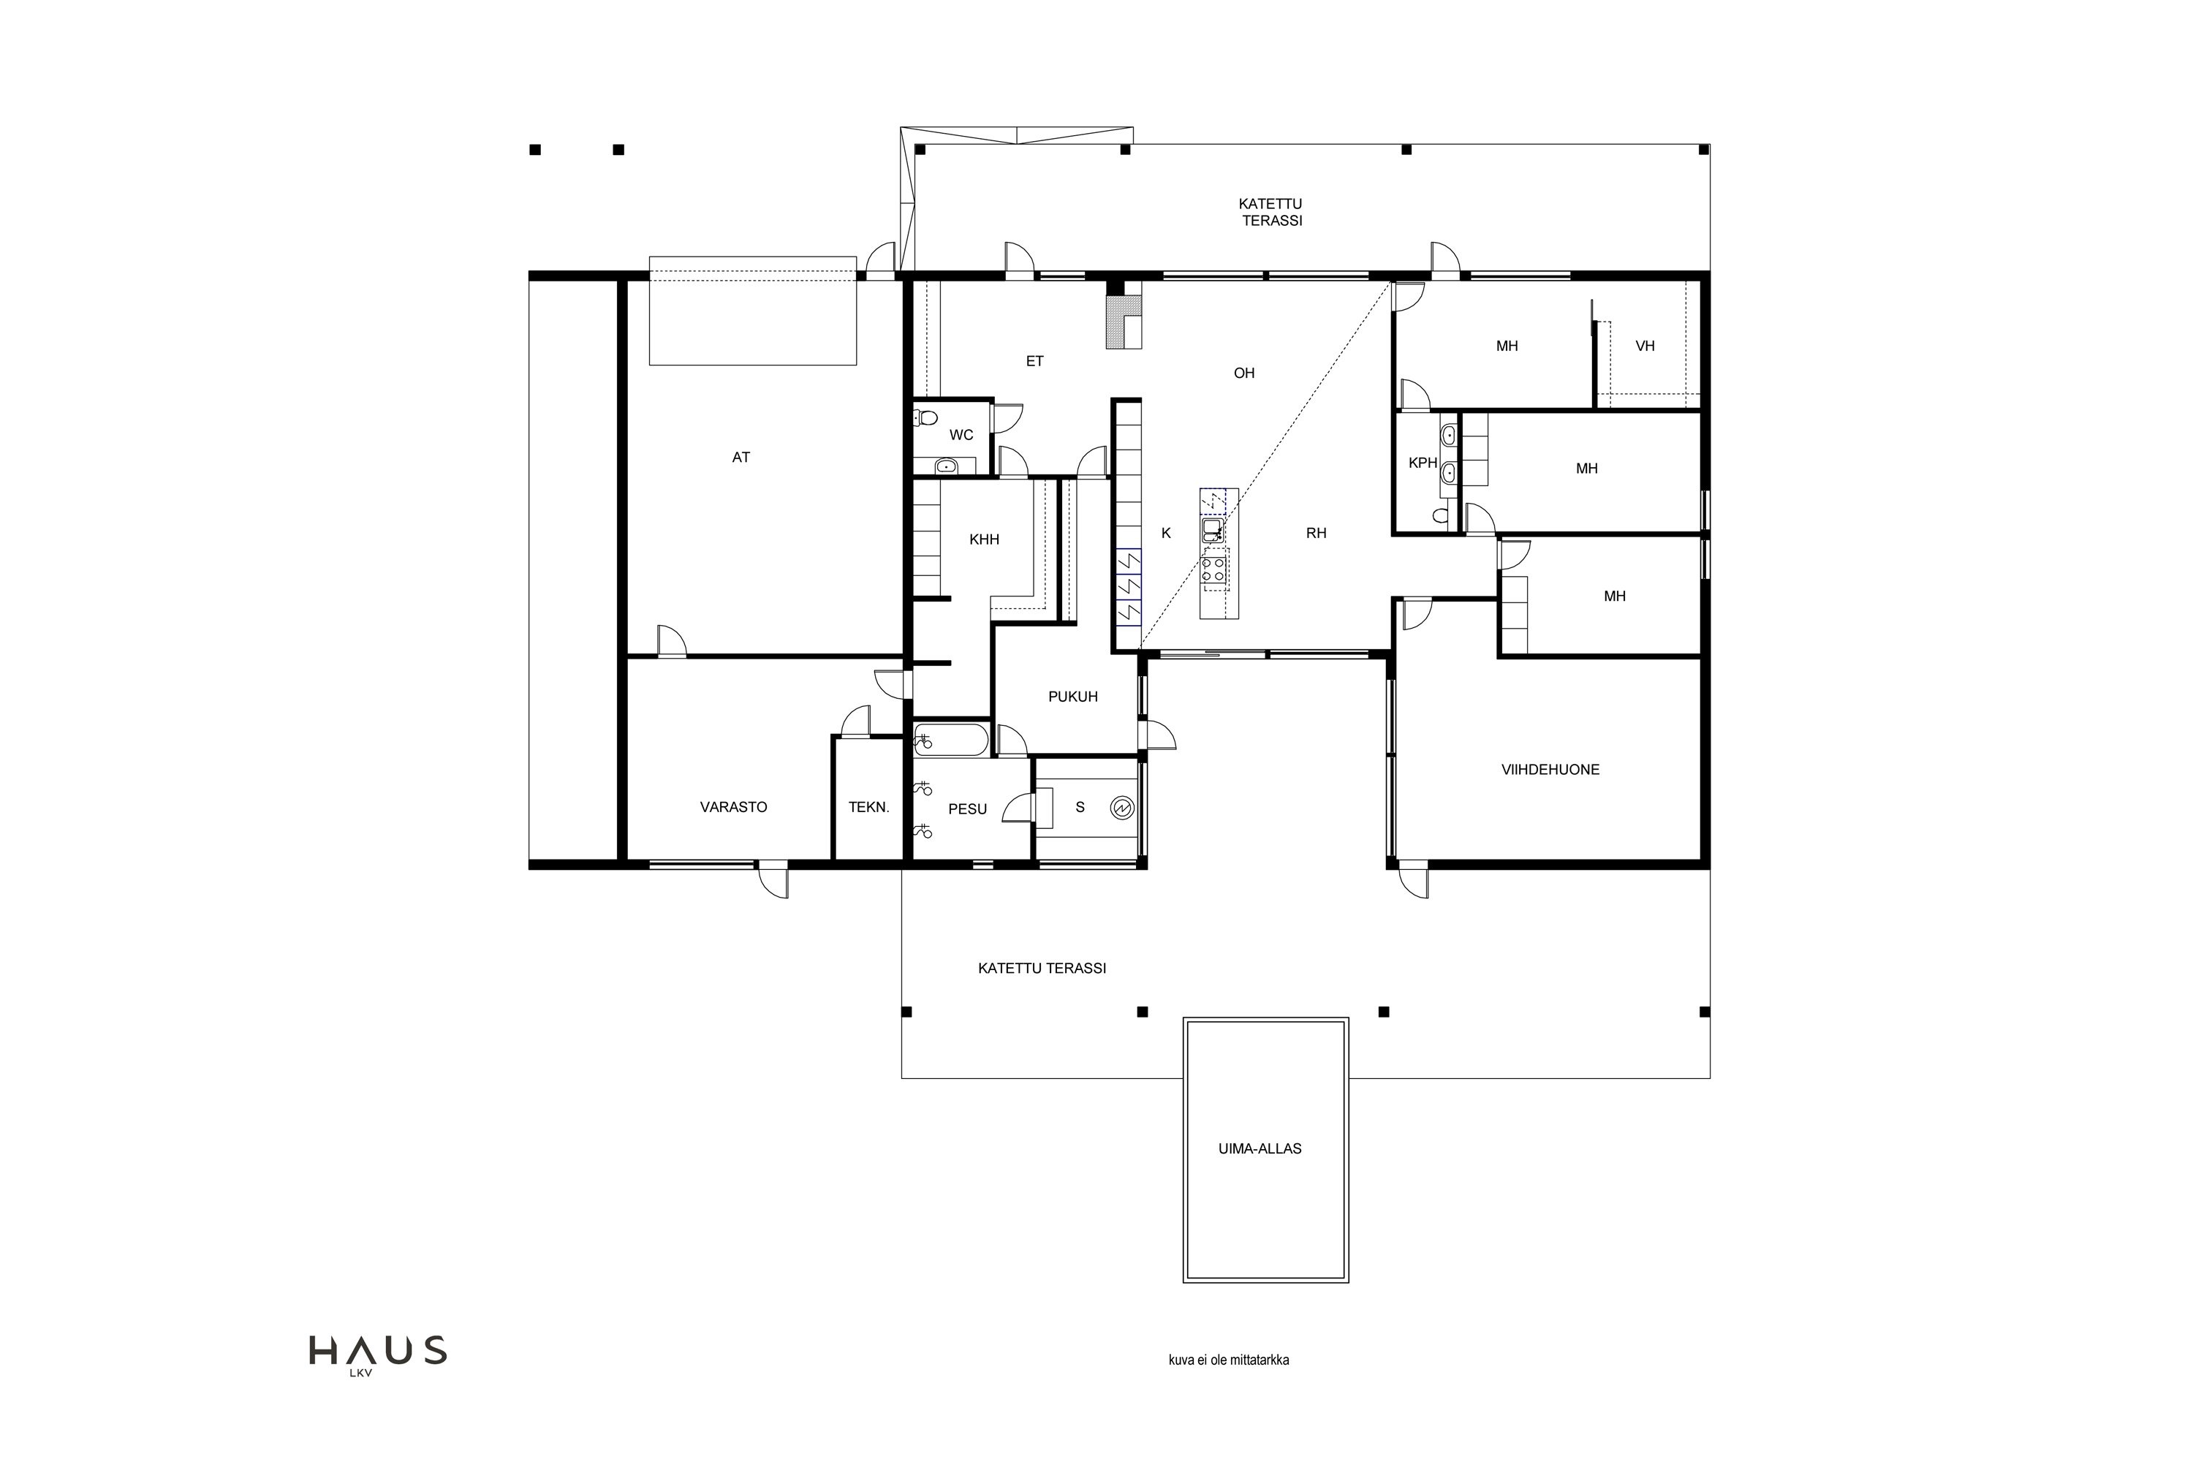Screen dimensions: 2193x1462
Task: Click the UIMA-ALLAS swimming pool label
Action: (x=1260, y=1148)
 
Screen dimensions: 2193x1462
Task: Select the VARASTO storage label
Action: (x=734, y=806)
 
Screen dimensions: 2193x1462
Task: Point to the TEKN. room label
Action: (x=869, y=806)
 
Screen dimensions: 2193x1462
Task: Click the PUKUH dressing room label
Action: (x=1073, y=697)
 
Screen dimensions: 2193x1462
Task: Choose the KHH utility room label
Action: (x=985, y=539)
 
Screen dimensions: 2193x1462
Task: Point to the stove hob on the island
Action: (x=1214, y=569)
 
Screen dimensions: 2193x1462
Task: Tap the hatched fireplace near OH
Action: (x=1123, y=322)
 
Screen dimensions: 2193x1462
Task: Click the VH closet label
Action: (x=1645, y=346)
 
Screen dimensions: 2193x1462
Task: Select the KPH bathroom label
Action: (x=1422, y=463)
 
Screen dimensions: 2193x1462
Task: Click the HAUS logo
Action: (x=378, y=1353)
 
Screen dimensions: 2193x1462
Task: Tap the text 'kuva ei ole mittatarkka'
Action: (x=1229, y=1360)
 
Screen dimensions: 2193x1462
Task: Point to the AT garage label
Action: (x=741, y=457)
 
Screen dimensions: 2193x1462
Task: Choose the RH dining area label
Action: (x=1316, y=534)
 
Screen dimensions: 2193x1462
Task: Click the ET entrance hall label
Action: (x=1035, y=361)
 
